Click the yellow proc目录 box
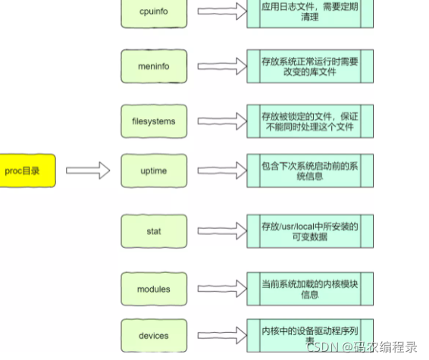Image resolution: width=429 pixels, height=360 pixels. pos(27,171)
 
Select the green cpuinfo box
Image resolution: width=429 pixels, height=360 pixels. pos(154,11)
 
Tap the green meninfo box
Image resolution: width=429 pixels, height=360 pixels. pos(154,67)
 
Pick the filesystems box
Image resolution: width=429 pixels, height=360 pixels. pos(154,121)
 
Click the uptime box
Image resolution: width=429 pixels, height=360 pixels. pos(154,171)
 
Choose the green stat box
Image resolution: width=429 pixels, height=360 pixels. pos(154,230)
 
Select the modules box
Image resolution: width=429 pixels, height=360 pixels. pos(154,289)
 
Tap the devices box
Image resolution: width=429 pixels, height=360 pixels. pos(154,336)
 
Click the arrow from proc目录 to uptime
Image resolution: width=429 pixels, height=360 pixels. pos(88,171)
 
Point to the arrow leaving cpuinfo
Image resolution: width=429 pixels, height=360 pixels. pos(223,11)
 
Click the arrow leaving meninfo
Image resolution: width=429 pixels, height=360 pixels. pos(223,67)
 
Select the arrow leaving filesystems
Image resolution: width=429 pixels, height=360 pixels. pos(223,121)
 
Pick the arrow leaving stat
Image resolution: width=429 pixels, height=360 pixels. pos(223,230)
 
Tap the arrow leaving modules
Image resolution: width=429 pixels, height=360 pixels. pos(223,289)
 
